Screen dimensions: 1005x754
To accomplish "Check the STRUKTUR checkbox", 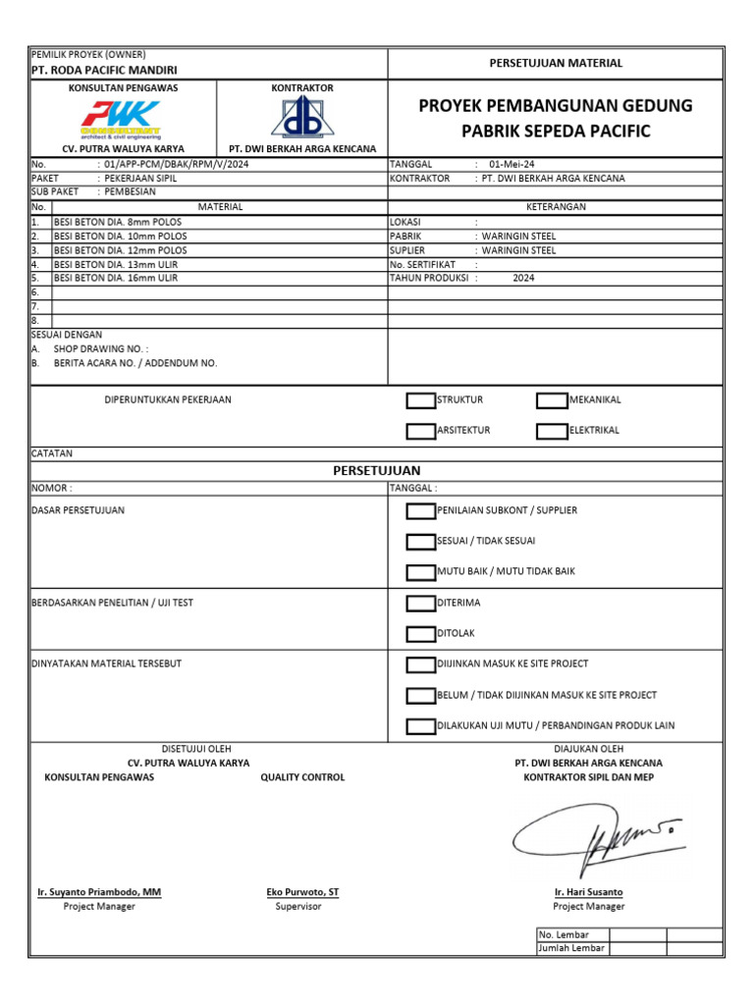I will (420, 400).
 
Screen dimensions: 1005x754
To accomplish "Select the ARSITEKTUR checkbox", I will (420, 431).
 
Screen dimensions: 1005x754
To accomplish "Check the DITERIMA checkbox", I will (420, 604).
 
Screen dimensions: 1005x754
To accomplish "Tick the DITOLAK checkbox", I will (420, 634).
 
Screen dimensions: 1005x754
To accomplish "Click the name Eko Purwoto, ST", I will (302, 892).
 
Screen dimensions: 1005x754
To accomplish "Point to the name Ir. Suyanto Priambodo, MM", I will (99, 892).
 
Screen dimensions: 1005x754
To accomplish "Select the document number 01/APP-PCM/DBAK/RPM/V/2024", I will (172, 165).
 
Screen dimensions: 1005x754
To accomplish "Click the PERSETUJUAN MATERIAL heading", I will (556, 63).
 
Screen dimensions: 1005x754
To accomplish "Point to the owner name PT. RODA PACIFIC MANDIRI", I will (104, 71).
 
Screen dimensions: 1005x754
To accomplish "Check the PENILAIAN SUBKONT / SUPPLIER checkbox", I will (420, 510).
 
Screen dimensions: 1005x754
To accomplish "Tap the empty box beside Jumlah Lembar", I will (638, 948).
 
